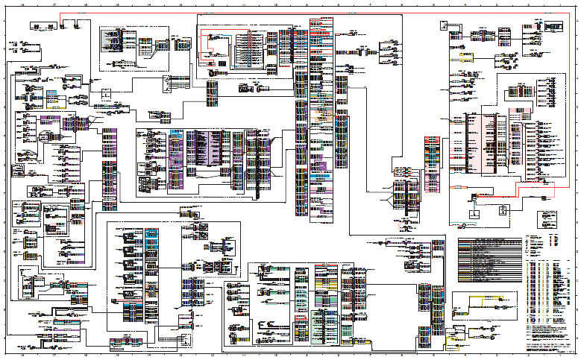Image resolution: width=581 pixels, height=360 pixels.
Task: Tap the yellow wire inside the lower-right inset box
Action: point(477,299)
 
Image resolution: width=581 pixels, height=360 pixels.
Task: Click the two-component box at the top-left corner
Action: point(45,27)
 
